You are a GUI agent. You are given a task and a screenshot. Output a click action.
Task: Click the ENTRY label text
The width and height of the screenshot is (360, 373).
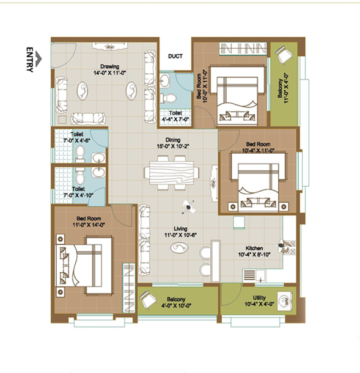click(x=29, y=59)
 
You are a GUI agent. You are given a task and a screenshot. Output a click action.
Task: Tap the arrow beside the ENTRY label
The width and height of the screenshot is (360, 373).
click(x=39, y=59)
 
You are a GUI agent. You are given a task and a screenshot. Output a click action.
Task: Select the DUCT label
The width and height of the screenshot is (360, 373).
click(x=175, y=56)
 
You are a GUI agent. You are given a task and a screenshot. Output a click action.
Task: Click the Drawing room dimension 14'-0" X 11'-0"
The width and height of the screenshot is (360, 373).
click(x=109, y=73)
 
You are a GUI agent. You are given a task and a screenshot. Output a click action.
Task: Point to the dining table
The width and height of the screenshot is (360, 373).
click(x=171, y=173)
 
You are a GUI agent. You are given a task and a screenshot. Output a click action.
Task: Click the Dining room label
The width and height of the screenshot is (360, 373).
click(x=173, y=140)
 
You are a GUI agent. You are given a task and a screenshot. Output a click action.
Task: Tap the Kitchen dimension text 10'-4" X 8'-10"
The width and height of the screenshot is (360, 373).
click(x=254, y=255)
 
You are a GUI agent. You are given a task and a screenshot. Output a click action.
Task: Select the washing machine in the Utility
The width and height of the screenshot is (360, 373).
click(x=285, y=301)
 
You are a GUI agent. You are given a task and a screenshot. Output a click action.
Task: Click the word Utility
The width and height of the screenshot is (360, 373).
click(x=259, y=297)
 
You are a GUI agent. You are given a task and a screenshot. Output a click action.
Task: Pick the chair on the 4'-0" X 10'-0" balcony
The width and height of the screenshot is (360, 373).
click(x=148, y=300)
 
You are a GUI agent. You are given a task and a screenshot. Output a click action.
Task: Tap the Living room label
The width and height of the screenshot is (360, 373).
click(x=180, y=229)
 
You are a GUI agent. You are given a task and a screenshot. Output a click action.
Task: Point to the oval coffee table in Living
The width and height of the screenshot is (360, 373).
click(x=179, y=248)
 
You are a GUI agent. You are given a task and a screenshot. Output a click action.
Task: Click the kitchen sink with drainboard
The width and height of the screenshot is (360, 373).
click(x=254, y=275)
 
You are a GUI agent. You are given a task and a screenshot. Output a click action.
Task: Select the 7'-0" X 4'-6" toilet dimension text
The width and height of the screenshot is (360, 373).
click(x=76, y=140)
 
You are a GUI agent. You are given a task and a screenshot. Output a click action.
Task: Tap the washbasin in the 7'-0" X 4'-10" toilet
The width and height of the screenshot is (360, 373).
click(x=98, y=172)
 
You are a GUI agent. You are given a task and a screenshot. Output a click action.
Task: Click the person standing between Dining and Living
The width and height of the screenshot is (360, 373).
click(x=189, y=207)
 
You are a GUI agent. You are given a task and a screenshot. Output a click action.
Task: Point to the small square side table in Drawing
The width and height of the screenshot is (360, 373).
click(x=62, y=120)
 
